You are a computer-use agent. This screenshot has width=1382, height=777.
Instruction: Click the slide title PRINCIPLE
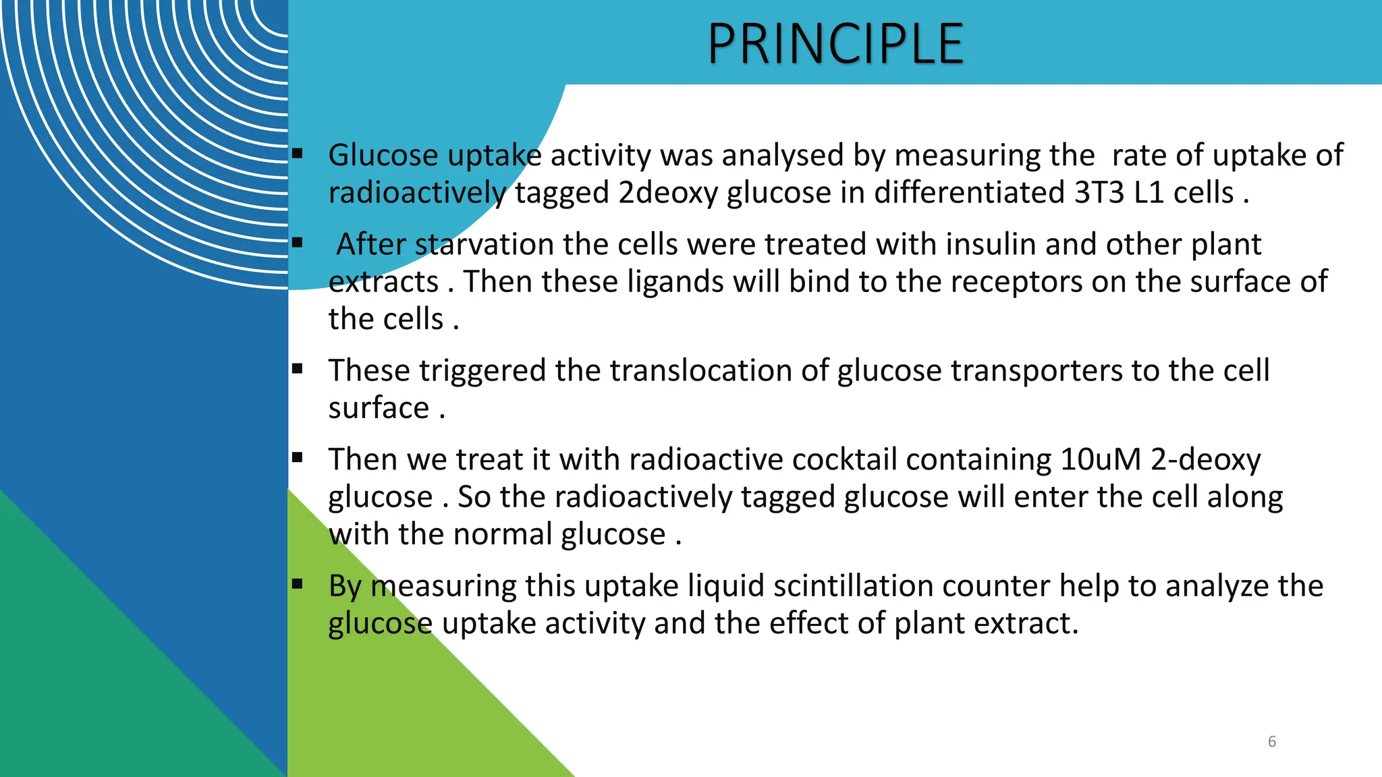[x=835, y=44]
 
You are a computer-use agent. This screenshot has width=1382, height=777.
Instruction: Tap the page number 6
[x=1272, y=742]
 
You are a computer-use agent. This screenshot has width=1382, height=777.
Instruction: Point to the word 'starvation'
[x=484, y=244]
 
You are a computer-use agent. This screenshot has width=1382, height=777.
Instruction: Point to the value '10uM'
[x=1101, y=460]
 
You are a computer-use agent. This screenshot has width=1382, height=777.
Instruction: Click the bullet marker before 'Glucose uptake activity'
[x=298, y=154]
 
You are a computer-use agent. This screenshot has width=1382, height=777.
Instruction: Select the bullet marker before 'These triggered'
[x=298, y=369]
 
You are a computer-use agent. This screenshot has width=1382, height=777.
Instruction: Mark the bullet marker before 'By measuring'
[x=298, y=584]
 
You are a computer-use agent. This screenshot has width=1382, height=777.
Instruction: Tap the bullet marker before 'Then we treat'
[x=298, y=458]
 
